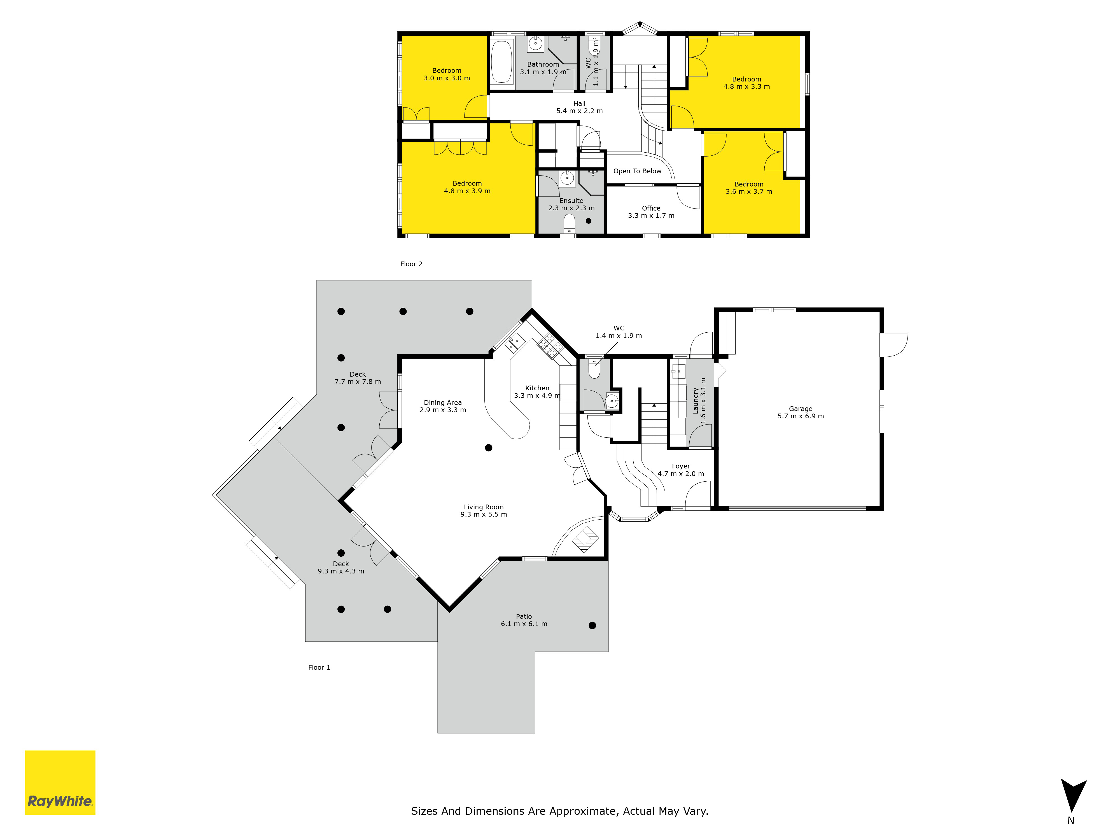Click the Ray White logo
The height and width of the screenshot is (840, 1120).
coord(60,782)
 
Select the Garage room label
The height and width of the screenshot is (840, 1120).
coord(801,412)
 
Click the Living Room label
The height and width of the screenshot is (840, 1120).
coord(484,510)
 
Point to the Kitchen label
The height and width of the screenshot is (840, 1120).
coord(537,391)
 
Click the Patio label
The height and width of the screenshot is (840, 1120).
coord(524,620)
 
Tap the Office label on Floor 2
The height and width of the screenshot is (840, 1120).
coord(651,212)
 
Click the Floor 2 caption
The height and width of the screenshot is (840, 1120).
coord(411,264)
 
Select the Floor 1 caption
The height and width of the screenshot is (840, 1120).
coord(319,667)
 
